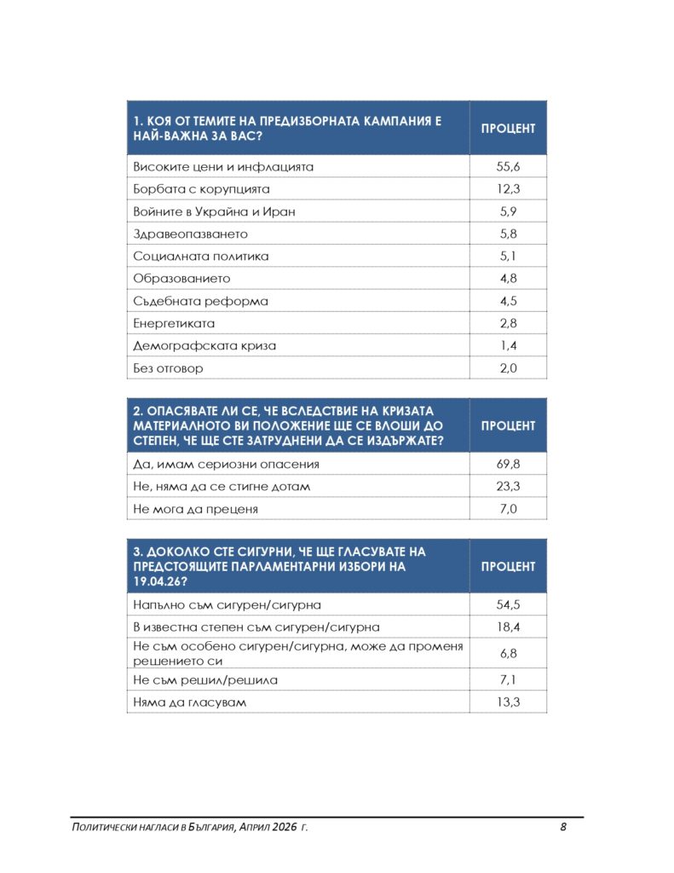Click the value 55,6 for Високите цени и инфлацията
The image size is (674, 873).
point(508,167)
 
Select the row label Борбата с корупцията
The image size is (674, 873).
point(201,189)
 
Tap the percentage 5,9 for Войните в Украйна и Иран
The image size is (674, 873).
point(508,211)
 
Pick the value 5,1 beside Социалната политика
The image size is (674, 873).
point(508,256)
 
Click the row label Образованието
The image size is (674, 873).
point(181,279)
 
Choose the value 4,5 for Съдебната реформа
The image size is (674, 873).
point(508,301)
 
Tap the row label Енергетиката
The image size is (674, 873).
point(174,324)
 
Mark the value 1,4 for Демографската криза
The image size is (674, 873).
point(508,346)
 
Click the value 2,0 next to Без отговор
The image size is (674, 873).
point(508,368)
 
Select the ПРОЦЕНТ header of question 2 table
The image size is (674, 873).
point(508,425)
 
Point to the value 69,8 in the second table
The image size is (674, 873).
point(508,465)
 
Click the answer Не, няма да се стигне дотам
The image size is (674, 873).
point(222,487)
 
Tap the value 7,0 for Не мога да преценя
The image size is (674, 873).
point(508,509)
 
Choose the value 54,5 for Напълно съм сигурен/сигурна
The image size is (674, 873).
point(508,604)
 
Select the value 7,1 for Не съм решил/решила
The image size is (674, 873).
point(508,680)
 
